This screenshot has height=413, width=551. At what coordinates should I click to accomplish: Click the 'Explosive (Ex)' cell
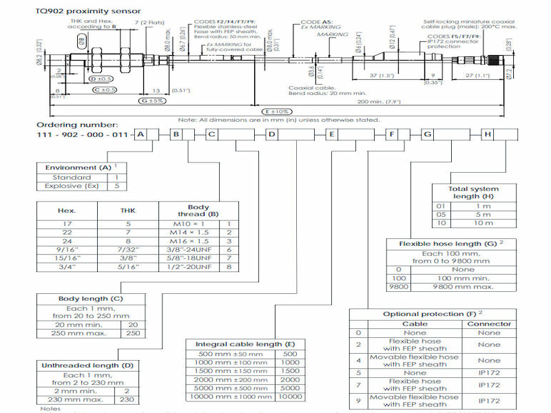67,186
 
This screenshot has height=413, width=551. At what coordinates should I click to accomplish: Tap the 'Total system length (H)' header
473,193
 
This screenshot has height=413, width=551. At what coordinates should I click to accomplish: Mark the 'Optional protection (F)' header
430,314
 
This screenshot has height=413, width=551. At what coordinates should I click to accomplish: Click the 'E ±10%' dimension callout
276,111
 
